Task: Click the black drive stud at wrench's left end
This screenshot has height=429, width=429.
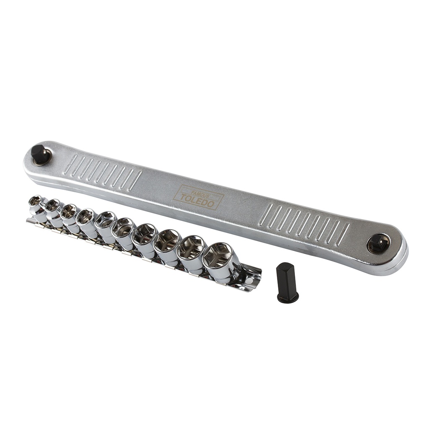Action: coord(40,154)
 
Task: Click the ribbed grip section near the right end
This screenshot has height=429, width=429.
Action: coord(304,222)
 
